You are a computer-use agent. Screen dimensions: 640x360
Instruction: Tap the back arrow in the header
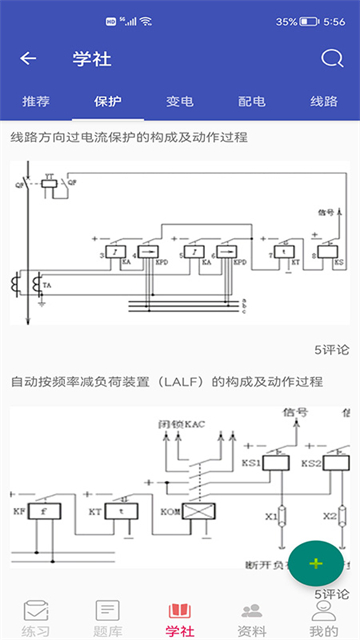[28, 58]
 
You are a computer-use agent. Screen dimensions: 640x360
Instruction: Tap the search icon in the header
[331, 58]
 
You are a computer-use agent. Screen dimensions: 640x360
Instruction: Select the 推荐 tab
[35, 101]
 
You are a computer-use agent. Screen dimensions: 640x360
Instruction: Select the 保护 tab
[108, 101]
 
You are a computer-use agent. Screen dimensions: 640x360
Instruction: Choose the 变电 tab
[180, 101]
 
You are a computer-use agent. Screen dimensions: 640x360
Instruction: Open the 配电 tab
[252, 101]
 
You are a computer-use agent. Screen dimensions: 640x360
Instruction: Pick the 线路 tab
[324, 101]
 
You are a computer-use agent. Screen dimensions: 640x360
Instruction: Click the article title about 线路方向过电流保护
[129, 136]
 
